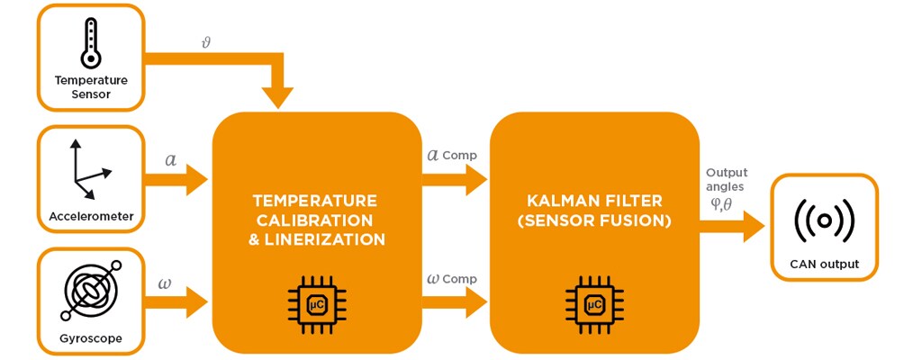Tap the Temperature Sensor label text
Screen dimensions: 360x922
tap(91, 86)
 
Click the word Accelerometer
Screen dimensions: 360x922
tap(91, 216)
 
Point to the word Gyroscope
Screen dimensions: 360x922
tap(91, 339)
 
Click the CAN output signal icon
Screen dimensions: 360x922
tap(824, 219)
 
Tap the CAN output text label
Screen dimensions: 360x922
tap(824, 264)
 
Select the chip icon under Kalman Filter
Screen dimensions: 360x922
tap(594, 304)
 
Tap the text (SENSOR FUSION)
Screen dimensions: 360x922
tap(594, 220)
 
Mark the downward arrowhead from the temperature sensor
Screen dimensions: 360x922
tap(276, 94)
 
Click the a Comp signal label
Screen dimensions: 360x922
tap(451, 156)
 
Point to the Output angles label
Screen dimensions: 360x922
tap(726, 180)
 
